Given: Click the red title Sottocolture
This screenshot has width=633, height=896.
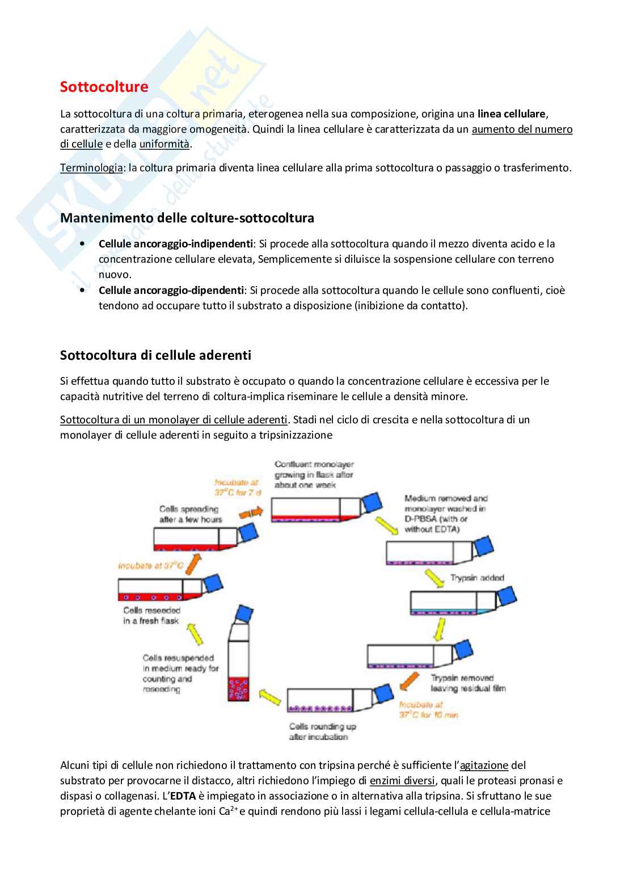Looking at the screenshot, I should point(104,87).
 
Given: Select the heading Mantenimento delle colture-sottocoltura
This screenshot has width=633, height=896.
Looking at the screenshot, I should point(187,218).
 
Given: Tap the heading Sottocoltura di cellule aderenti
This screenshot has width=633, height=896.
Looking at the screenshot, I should point(155,355).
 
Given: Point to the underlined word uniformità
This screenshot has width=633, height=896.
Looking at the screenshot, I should point(164,144).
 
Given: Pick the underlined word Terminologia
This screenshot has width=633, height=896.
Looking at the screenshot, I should point(91,168).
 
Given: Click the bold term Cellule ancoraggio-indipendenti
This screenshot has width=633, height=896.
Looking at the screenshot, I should point(175,244).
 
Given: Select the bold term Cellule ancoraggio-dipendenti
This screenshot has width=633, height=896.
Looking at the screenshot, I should point(171,291).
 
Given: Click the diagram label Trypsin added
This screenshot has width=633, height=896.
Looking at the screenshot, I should point(476,578).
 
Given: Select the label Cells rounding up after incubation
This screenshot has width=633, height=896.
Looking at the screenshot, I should point(322,731).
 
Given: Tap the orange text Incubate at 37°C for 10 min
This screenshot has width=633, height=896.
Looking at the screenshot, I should point(428,710).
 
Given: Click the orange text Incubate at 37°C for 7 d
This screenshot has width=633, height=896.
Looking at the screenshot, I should point(237,487).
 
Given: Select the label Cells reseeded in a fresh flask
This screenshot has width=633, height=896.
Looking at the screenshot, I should point(151,616).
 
